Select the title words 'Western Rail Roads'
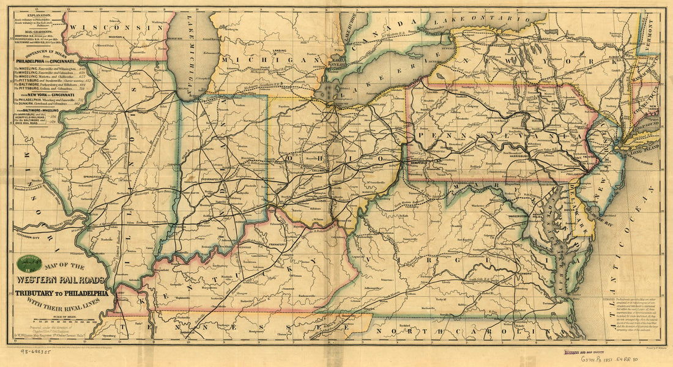click(x=60, y=281)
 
